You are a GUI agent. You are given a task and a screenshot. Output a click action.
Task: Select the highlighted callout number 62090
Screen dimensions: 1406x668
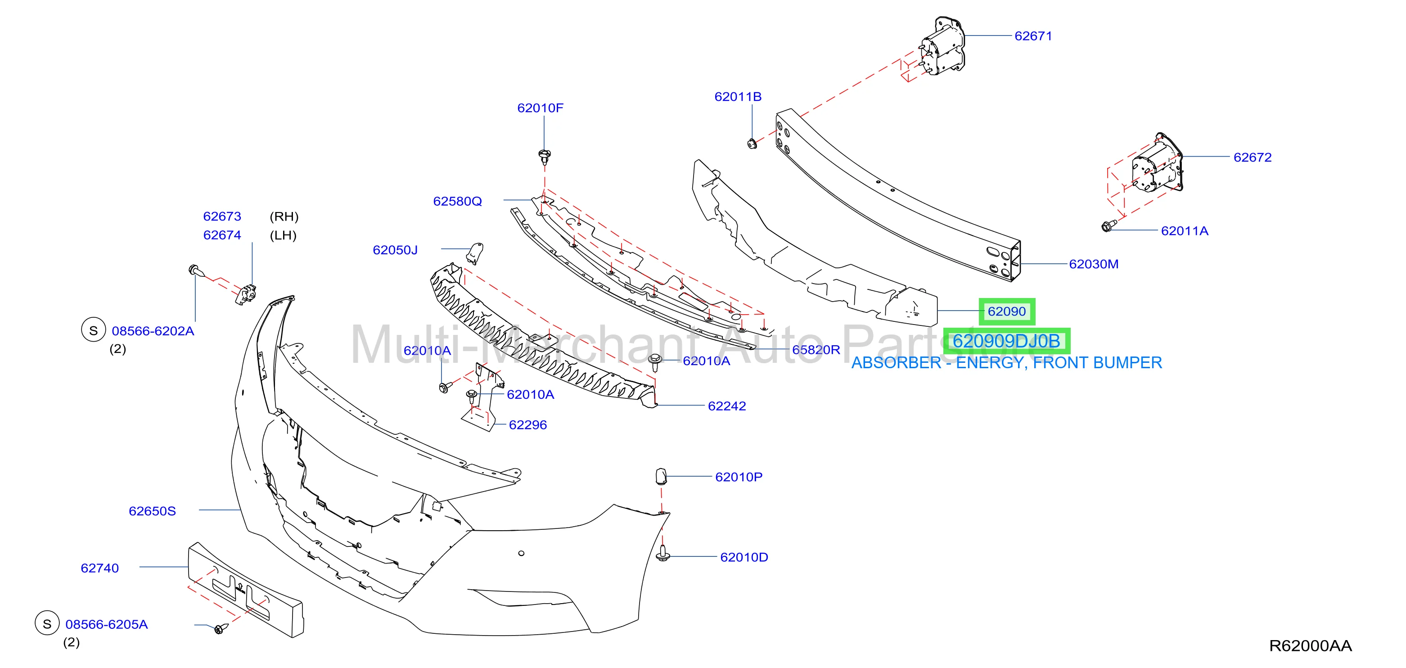(x=1006, y=311)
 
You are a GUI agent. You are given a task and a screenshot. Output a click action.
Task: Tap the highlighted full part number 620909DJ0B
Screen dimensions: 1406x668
(x=1006, y=341)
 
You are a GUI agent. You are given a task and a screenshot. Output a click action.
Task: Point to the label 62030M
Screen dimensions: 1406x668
(x=1093, y=264)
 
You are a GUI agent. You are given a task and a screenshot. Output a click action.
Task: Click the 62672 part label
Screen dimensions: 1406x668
(x=1252, y=157)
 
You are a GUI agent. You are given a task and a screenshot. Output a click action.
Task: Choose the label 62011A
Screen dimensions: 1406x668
(x=1185, y=231)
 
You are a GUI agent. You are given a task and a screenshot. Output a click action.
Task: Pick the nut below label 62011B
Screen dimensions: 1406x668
(x=752, y=144)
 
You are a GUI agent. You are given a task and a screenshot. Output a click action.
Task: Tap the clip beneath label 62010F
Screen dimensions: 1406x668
(x=544, y=156)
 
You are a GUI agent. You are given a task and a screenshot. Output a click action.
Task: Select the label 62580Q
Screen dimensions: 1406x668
(x=457, y=201)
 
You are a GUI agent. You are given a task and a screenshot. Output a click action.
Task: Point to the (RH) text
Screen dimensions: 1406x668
(x=284, y=217)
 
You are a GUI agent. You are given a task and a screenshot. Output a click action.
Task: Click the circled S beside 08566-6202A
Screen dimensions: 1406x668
(x=93, y=330)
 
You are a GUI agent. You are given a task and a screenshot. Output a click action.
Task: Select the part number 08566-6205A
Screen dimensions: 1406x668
(x=106, y=624)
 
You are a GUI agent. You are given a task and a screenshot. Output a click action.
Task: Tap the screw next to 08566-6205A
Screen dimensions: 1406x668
(x=220, y=629)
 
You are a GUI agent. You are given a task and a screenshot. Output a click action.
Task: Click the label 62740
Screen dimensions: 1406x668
(x=99, y=568)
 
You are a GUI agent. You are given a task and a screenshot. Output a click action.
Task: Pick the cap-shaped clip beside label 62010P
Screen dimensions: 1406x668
(x=661, y=476)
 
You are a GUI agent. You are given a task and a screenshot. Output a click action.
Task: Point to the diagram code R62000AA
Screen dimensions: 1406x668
(x=1310, y=646)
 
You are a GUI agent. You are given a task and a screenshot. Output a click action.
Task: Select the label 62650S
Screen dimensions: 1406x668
(x=152, y=511)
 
